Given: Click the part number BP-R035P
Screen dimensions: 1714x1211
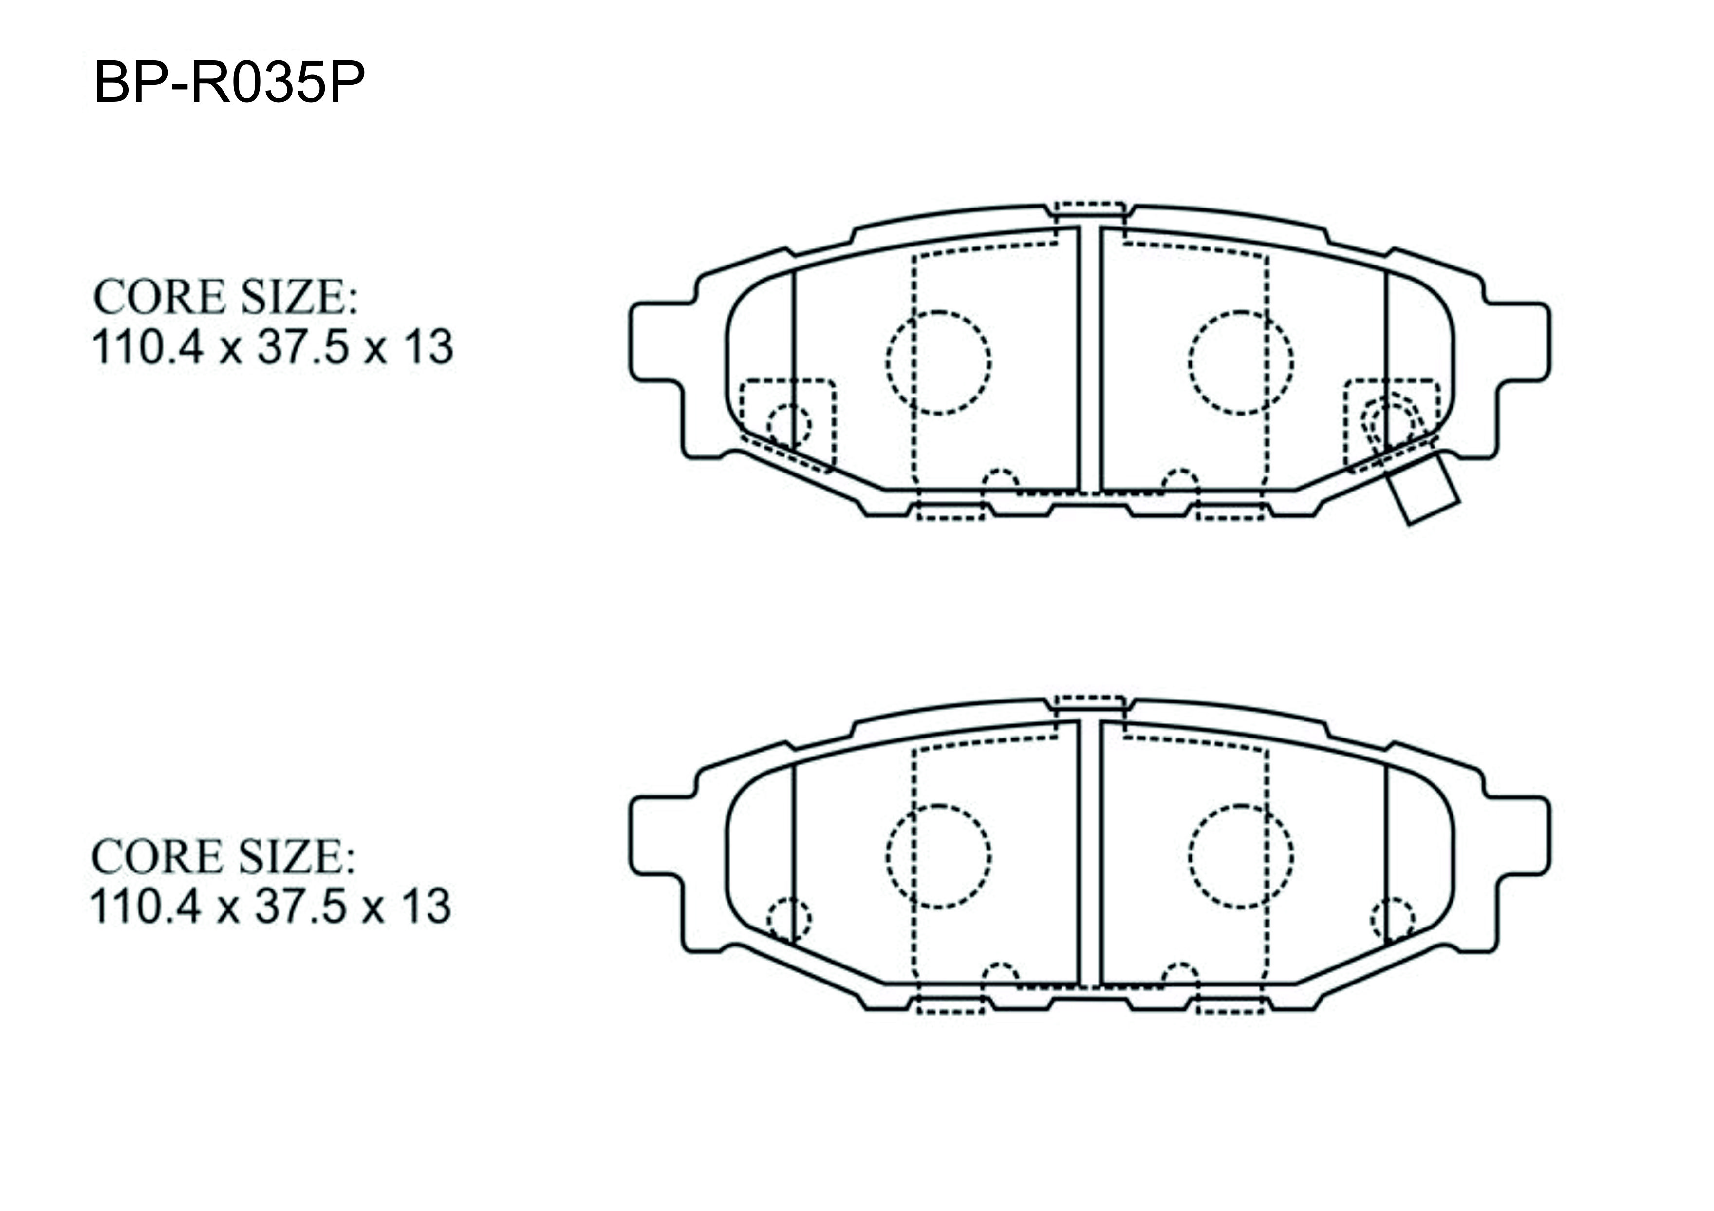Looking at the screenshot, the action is click(x=229, y=82).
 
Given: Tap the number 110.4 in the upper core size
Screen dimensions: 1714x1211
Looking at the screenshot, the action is click(x=147, y=347).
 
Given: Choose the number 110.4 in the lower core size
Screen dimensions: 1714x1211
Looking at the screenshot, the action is click(x=146, y=907).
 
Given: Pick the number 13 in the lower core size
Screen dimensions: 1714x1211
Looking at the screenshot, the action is click(x=426, y=907).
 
